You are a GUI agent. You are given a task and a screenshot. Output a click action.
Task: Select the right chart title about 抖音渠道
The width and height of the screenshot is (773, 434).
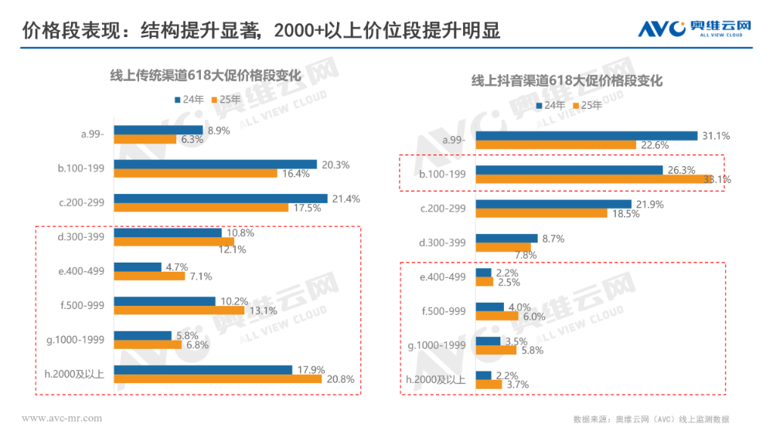568,80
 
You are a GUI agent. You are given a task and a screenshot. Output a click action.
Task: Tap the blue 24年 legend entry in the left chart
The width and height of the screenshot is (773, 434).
189,99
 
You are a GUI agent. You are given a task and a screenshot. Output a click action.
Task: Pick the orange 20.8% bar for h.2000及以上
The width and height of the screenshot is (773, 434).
217,379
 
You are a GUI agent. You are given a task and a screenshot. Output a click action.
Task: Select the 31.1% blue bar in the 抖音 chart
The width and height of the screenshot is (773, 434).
586,136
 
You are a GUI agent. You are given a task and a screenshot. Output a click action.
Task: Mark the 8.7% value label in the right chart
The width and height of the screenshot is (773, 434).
552,239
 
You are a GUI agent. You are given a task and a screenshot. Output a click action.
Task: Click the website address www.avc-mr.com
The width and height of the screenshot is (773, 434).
62,419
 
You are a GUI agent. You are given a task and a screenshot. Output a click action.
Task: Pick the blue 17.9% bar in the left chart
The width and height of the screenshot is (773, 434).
203,370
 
